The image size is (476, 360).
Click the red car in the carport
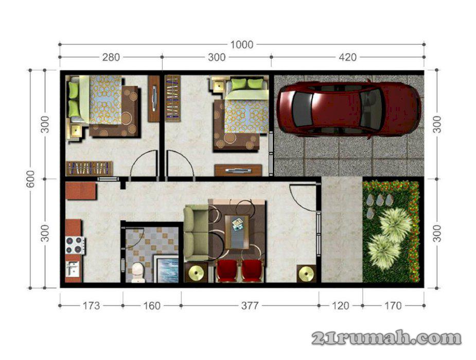[349, 109]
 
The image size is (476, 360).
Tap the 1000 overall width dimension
[242, 45]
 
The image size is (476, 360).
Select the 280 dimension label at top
[111, 57]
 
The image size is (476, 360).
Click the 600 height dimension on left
[30, 179]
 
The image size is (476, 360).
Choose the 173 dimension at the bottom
[91, 305]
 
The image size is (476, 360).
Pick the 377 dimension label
[250, 305]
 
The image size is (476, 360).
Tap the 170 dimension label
[393, 305]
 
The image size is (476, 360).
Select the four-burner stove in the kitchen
[75, 245]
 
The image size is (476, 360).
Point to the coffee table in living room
[237, 232]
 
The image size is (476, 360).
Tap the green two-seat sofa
[196, 233]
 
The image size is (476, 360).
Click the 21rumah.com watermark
[386, 338]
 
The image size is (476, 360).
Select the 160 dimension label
[152, 305]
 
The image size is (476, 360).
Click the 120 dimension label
[341, 305]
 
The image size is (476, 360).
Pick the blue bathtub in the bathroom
[167, 269]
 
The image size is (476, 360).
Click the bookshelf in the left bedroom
[89, 168]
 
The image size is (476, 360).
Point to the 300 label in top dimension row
[217, 57]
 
